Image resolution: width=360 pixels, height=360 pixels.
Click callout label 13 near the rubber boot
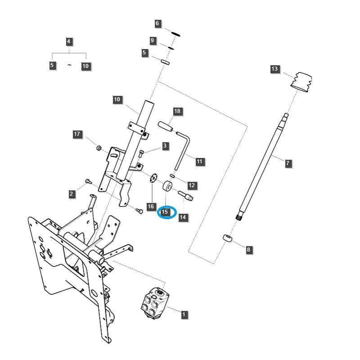tap(274, 69)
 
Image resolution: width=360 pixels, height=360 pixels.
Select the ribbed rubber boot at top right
tap(302, 82)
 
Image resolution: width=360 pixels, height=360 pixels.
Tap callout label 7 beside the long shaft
tap(288, 163)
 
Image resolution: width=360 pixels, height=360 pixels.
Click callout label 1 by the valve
tap(184, 315)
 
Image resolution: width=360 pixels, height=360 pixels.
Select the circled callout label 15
tap(165, 211)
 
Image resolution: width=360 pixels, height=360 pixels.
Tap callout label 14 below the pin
tap(182, 217)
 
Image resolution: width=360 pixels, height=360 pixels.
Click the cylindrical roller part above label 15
tap(169, 186)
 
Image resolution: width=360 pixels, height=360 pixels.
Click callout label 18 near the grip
tap(177, 111)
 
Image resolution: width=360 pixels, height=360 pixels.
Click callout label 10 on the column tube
tap(117, 99)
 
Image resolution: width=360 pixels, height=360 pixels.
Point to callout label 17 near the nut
tap(77, 134)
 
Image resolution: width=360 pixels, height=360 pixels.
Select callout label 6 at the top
tap(157, 23)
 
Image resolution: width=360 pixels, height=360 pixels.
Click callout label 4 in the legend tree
tap(68, 42)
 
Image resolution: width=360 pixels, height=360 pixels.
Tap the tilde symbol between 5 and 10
tap(69, 65)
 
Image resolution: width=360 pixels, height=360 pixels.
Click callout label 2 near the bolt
tap(72, 194)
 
